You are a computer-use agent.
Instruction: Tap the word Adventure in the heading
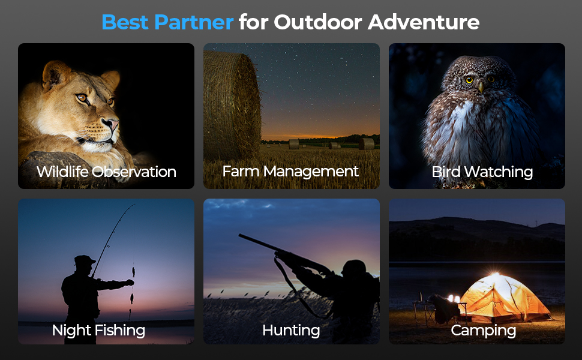[424, 22]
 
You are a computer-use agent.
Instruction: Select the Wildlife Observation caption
[106, 172]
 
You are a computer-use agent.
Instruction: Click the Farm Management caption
[290, 172]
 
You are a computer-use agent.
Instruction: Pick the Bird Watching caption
[482, 172]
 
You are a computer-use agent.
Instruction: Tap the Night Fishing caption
[98, 331]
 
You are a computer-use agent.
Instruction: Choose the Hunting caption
[291, 331]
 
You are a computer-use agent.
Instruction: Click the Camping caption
[483, 331]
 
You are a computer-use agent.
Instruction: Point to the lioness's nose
[112, 123]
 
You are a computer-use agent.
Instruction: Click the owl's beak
[481, 86]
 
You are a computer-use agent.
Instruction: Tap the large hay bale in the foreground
[232, 106]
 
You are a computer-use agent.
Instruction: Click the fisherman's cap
[85, 259]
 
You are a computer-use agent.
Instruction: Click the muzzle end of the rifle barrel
[240, 235]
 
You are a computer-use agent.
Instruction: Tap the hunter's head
[354, 268]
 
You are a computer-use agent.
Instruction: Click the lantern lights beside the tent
[454, 298]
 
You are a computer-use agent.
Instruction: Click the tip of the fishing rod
[134, 204]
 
